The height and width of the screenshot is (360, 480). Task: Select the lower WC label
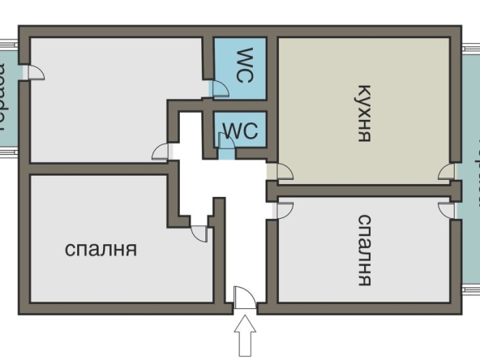240,131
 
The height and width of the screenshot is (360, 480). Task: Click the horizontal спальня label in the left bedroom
101,249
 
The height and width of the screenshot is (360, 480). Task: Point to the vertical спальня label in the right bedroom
364,250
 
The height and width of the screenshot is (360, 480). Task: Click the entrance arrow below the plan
245,334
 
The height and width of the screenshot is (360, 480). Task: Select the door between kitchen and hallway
281,171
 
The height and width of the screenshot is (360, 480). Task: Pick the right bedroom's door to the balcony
446,209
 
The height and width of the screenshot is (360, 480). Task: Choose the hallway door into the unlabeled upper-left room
162,151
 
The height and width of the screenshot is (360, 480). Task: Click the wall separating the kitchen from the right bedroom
365,191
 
